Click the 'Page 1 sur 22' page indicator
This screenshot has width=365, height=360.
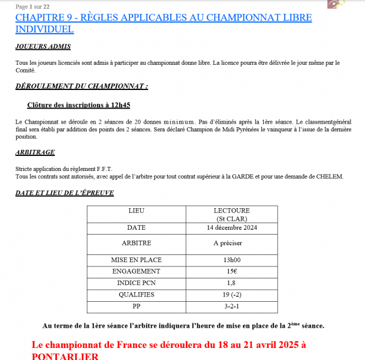[32, 6]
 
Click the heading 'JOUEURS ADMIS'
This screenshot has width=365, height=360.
[43, 46]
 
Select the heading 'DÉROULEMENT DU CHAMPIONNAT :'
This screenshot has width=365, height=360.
[82, 86]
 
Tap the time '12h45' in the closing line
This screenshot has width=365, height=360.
[120, 104]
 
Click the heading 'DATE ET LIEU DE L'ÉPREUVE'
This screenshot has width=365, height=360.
[65, 193]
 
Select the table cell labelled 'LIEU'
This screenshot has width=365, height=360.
[136, 211]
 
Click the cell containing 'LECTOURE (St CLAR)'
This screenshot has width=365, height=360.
[231, 215]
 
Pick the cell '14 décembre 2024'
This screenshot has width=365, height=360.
[231, 228]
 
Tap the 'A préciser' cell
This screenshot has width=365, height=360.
[231, 244]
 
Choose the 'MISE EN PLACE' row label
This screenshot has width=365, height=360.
[136, 260]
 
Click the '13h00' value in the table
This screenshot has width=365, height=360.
[231, 260]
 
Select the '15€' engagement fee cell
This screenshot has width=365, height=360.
[231, 271]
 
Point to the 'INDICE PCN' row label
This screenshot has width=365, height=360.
[136, 283]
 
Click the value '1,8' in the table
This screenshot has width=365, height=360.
[231, 283]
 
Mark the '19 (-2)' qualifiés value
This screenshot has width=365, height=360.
[231, 295]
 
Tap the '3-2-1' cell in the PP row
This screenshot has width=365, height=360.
[231, 306]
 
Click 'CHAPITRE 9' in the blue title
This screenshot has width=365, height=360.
[44, 17]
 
